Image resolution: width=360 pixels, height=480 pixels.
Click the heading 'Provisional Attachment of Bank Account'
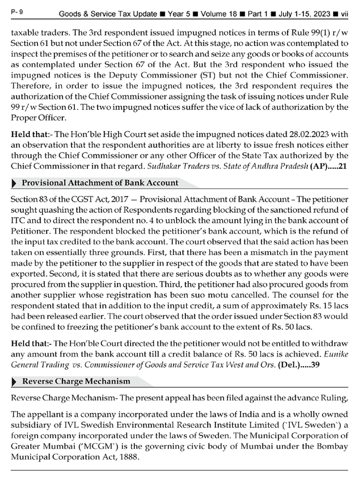[100, 183]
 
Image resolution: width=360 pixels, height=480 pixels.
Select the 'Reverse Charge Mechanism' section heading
[76, 381]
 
